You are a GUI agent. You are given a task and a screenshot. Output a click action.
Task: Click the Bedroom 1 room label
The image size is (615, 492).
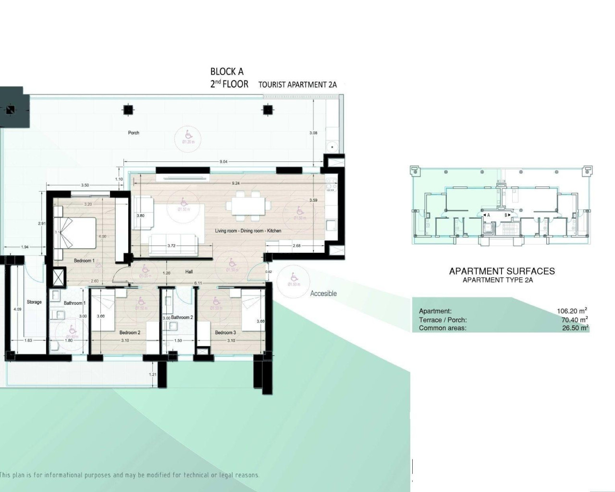pyautogui.click(x=84, y=261)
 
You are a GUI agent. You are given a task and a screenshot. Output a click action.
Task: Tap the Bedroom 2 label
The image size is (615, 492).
pyautogui.click(x=130, y=332)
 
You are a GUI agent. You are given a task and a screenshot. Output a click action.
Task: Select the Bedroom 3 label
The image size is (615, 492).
pyautogui.click(x=225, y=332)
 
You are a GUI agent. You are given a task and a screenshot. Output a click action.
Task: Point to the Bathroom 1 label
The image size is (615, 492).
pyautogui.click(x=74, y=303)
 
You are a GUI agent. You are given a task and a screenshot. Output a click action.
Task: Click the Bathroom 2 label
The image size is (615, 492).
pyautogui.click(x=182, y=318)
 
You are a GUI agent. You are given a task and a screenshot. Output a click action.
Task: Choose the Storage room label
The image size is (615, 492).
pyautogui.click(x=34, y=302)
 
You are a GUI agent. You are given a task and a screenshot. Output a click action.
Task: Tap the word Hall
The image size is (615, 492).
pyautogui.click(x=189, y=272)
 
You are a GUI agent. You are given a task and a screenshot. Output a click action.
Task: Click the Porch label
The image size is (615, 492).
pyautogui.click(x=134, y=133)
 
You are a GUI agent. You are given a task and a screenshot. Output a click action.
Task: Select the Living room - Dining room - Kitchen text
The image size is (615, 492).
pyautogui.click(x=248, y=231)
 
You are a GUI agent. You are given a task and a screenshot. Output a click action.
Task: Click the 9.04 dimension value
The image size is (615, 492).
pyautogui.click(x=223, y=162)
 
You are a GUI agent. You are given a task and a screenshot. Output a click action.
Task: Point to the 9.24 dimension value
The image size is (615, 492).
pyautogui.click(x=236, y=183)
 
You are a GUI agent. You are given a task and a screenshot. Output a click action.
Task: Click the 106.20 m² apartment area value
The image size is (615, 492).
pyautogui.click(x=572, y=311)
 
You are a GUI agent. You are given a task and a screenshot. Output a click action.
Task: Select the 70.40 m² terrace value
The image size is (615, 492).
pyautogui.click(x=575, y=320)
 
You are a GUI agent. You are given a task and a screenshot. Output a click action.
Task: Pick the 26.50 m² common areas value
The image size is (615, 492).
pyautogui.click(x=575, y=328)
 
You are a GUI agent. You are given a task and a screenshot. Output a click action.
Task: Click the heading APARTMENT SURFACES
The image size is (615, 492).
pyautogui.click(x=502, y=271)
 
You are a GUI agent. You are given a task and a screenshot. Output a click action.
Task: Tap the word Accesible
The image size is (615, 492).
pyautogui.click(x=323, y=294)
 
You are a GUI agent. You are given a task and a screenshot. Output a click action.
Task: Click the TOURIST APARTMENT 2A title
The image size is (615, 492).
pyautogui.click(x=297, y=85)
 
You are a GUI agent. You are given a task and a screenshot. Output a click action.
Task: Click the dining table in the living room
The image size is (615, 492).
pyautogui.click(x=247, y=206)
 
